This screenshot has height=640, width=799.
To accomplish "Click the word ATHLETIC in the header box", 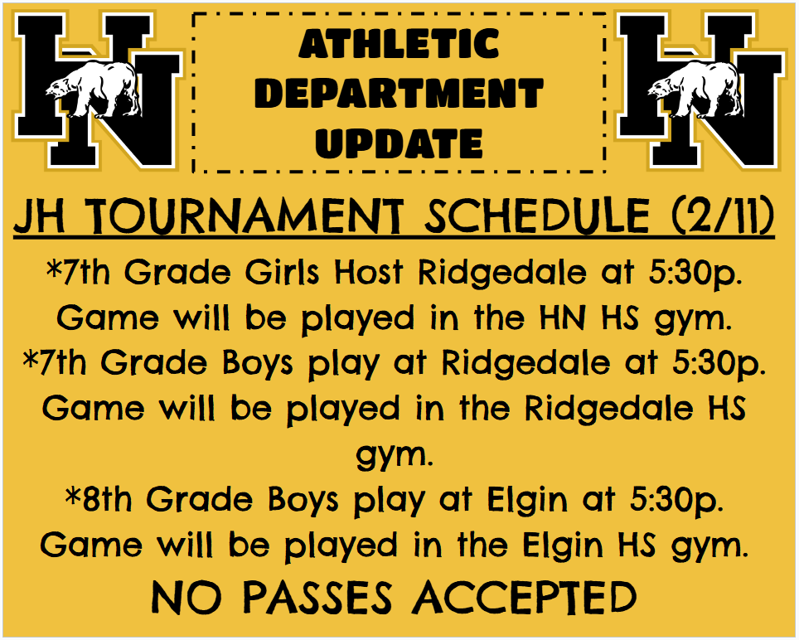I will click(399, 44).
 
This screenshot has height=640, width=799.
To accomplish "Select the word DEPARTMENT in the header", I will click(399, 94).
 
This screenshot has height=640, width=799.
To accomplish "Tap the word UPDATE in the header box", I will click(399, 143).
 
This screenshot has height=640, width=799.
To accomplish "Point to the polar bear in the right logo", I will click(695, 90).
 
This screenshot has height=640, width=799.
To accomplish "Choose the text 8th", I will click(105, 500).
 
